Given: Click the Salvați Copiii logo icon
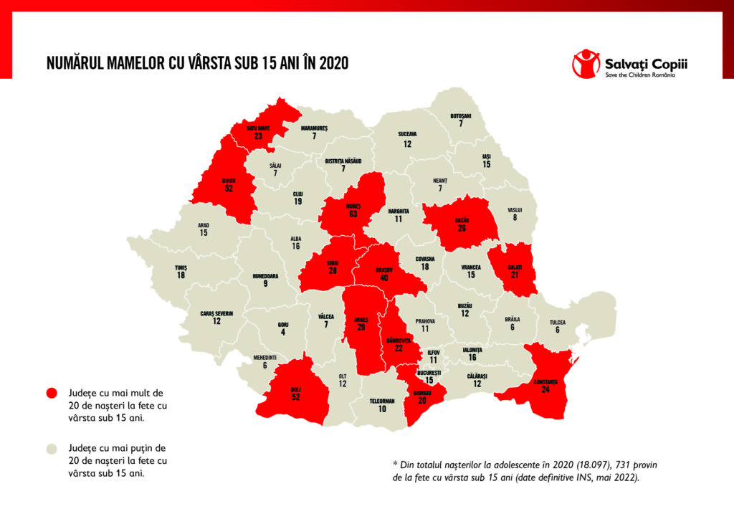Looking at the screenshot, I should coord(586,63).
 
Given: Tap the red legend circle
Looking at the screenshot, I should coord(51,393).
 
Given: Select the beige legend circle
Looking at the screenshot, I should coord(51,449).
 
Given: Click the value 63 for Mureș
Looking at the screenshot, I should coord(353,214).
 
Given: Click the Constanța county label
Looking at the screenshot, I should coord(545,381).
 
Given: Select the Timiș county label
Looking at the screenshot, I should coord(181,267).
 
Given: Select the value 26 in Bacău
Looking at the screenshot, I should coord(462,229).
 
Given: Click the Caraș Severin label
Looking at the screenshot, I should coord(216,313).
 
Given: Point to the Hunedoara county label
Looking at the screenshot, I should coord(266,275).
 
